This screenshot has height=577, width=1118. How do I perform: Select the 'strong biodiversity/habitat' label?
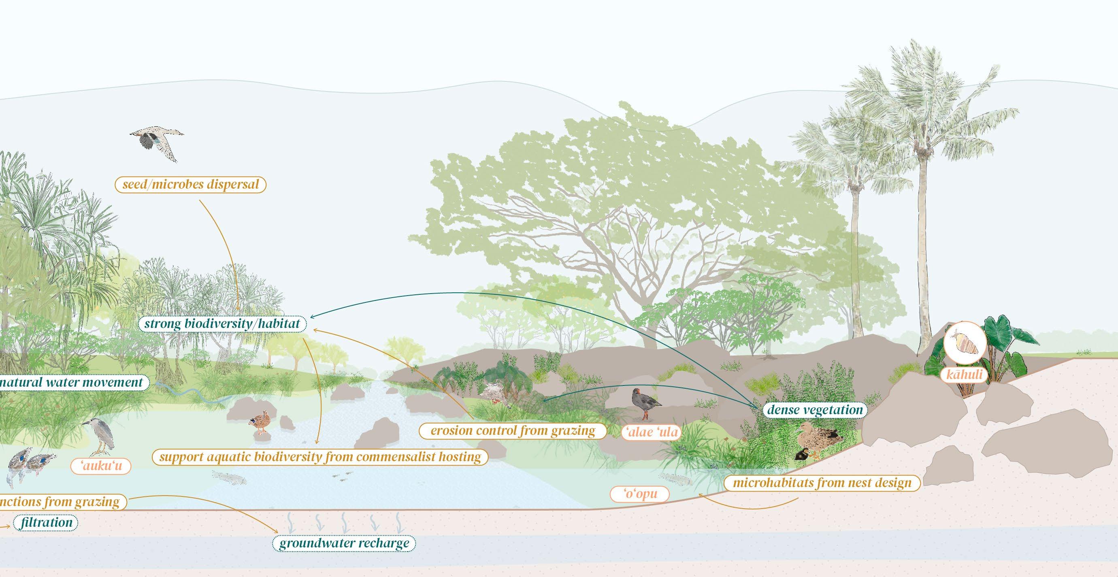222,324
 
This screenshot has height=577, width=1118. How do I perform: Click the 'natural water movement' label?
72,382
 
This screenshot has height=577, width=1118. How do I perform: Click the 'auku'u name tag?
101,466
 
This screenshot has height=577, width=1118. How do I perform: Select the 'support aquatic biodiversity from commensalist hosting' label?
320,457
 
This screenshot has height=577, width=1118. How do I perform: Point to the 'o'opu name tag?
640,494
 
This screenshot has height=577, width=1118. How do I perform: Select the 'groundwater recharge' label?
344,543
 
